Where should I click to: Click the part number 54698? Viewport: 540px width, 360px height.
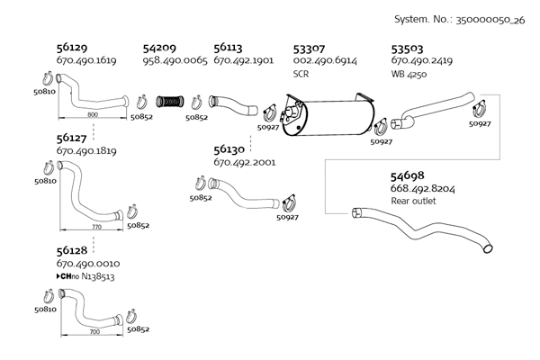click(407, 175)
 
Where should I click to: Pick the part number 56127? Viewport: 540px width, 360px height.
click(72, 139)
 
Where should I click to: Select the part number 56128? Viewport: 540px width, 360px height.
click(72, 249)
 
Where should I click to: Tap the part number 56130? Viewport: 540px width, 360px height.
click(229, 148)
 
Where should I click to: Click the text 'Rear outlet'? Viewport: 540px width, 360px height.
click(413, 202)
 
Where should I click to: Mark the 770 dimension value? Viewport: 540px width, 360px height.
click(95, 228)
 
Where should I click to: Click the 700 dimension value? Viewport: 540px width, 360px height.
click(94, 331)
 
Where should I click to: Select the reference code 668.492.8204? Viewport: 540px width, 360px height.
click(422, 189)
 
